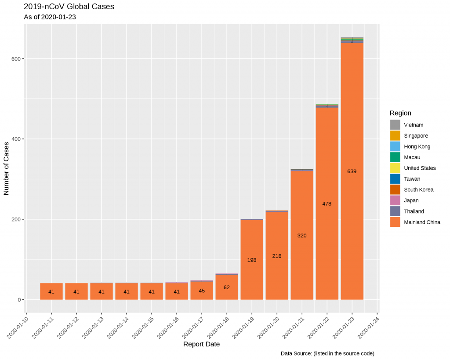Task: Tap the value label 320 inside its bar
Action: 302,236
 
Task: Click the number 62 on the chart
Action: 227,287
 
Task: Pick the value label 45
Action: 202,291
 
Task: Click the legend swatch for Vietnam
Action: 395,125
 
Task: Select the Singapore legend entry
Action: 416,136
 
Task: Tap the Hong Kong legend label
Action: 417,146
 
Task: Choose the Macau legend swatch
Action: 395,157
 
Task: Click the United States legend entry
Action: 420,168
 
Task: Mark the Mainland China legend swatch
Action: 395,222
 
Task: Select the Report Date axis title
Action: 201,344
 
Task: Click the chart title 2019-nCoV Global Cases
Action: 69,7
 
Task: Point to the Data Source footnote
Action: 327,353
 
